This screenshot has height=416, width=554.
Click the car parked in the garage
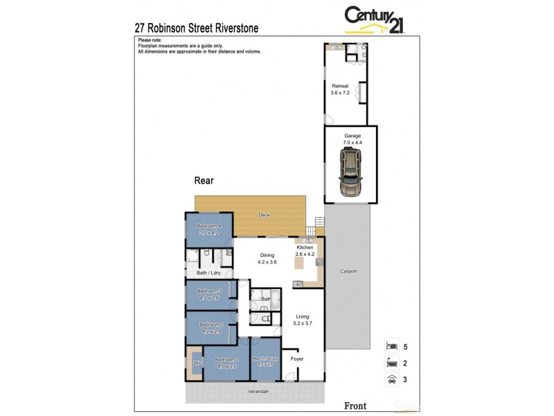click(351, 175)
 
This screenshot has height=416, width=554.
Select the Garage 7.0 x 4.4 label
click(352, 139)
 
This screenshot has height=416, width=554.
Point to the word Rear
click(204, 180)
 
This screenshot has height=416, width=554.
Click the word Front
click(355, 406)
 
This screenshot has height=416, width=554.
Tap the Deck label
click(264, 215)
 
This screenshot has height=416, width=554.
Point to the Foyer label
click(297, 359)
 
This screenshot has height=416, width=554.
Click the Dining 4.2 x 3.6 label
click(267, 259)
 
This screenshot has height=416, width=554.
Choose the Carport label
click(348, 271)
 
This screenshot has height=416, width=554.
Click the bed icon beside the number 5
click(391, 345)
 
